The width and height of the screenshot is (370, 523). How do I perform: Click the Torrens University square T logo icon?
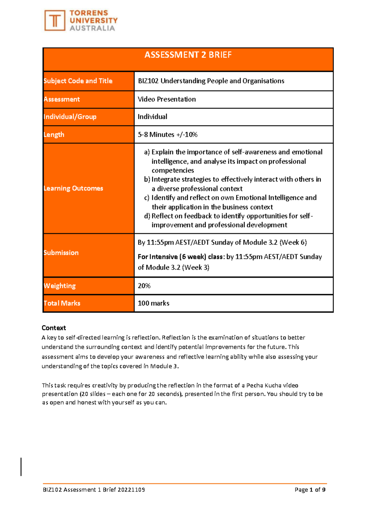point(55,21)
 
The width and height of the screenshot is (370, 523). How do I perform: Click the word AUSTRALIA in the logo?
point(92,28)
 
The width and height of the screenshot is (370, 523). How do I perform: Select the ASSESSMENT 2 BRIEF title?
point(188,55)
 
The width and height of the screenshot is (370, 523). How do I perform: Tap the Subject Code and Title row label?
point(78,81)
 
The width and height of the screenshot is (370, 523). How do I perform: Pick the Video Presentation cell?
point(166,99)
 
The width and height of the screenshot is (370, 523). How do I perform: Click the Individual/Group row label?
point(70,117)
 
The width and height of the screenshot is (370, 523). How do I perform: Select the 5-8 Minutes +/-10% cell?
point(167,134)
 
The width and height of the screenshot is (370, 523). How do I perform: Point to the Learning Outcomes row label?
point(73,188)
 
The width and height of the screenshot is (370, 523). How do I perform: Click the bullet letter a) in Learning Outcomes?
point(147,152)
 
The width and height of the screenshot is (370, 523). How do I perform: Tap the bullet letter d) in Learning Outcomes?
point(147,216)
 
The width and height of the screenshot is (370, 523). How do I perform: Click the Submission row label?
point(61,253)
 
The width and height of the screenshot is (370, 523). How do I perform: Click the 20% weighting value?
point(144,286)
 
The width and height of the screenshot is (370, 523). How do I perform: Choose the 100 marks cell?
point(153,303)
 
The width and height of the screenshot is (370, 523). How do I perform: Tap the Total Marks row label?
point(62,303)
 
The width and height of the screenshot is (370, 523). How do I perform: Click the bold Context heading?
point(54,328)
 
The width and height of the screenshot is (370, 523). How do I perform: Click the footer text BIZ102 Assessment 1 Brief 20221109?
point(94,490)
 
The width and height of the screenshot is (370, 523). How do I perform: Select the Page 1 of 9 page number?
point(310,490)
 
